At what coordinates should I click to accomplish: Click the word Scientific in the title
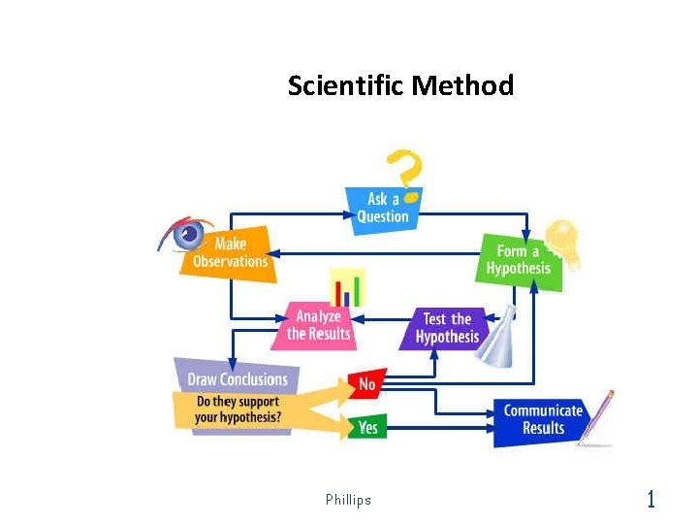(346, 86)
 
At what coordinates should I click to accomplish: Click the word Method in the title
(462, 86)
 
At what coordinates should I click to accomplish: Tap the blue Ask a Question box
(383, 208)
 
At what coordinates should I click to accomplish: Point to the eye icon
(187, 233)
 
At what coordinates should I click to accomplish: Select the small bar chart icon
(346, 288)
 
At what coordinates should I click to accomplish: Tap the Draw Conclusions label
(238, 378)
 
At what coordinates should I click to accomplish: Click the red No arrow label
(366, 384)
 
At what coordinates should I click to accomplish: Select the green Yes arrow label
(367, 426)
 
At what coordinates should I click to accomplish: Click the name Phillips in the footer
(348, 500)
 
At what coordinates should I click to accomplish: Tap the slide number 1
(650, 500)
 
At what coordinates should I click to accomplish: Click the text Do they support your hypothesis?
(238, 409)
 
